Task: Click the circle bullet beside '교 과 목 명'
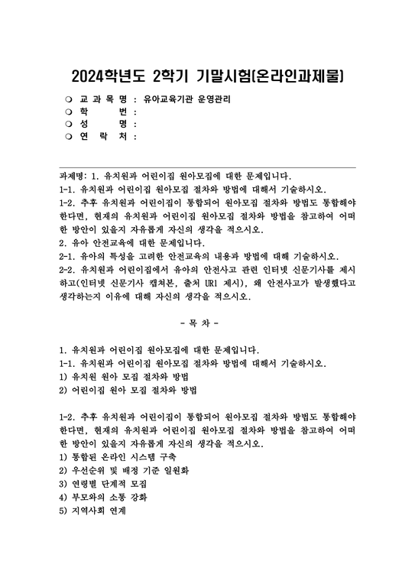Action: click(x=69, y=99)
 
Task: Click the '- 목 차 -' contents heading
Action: click(x=207, y=314)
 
